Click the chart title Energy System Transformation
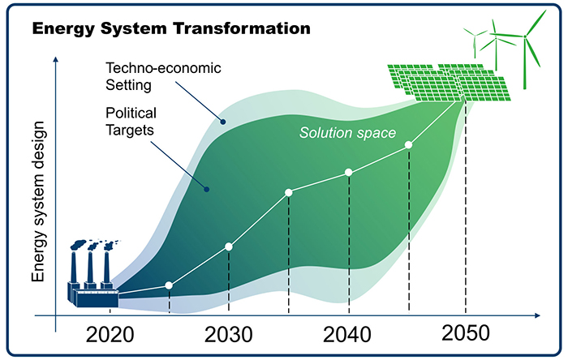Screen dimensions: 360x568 170,29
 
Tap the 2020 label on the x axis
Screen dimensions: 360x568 110,334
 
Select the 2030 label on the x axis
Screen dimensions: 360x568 230,334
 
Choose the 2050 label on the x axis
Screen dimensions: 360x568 466,332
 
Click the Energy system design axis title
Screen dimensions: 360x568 38,204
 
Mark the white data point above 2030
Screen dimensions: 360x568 229,246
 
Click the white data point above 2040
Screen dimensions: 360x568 349,172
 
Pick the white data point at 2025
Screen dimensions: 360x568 169,285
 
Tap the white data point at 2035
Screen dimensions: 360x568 289,192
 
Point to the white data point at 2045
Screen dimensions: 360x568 409,145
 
